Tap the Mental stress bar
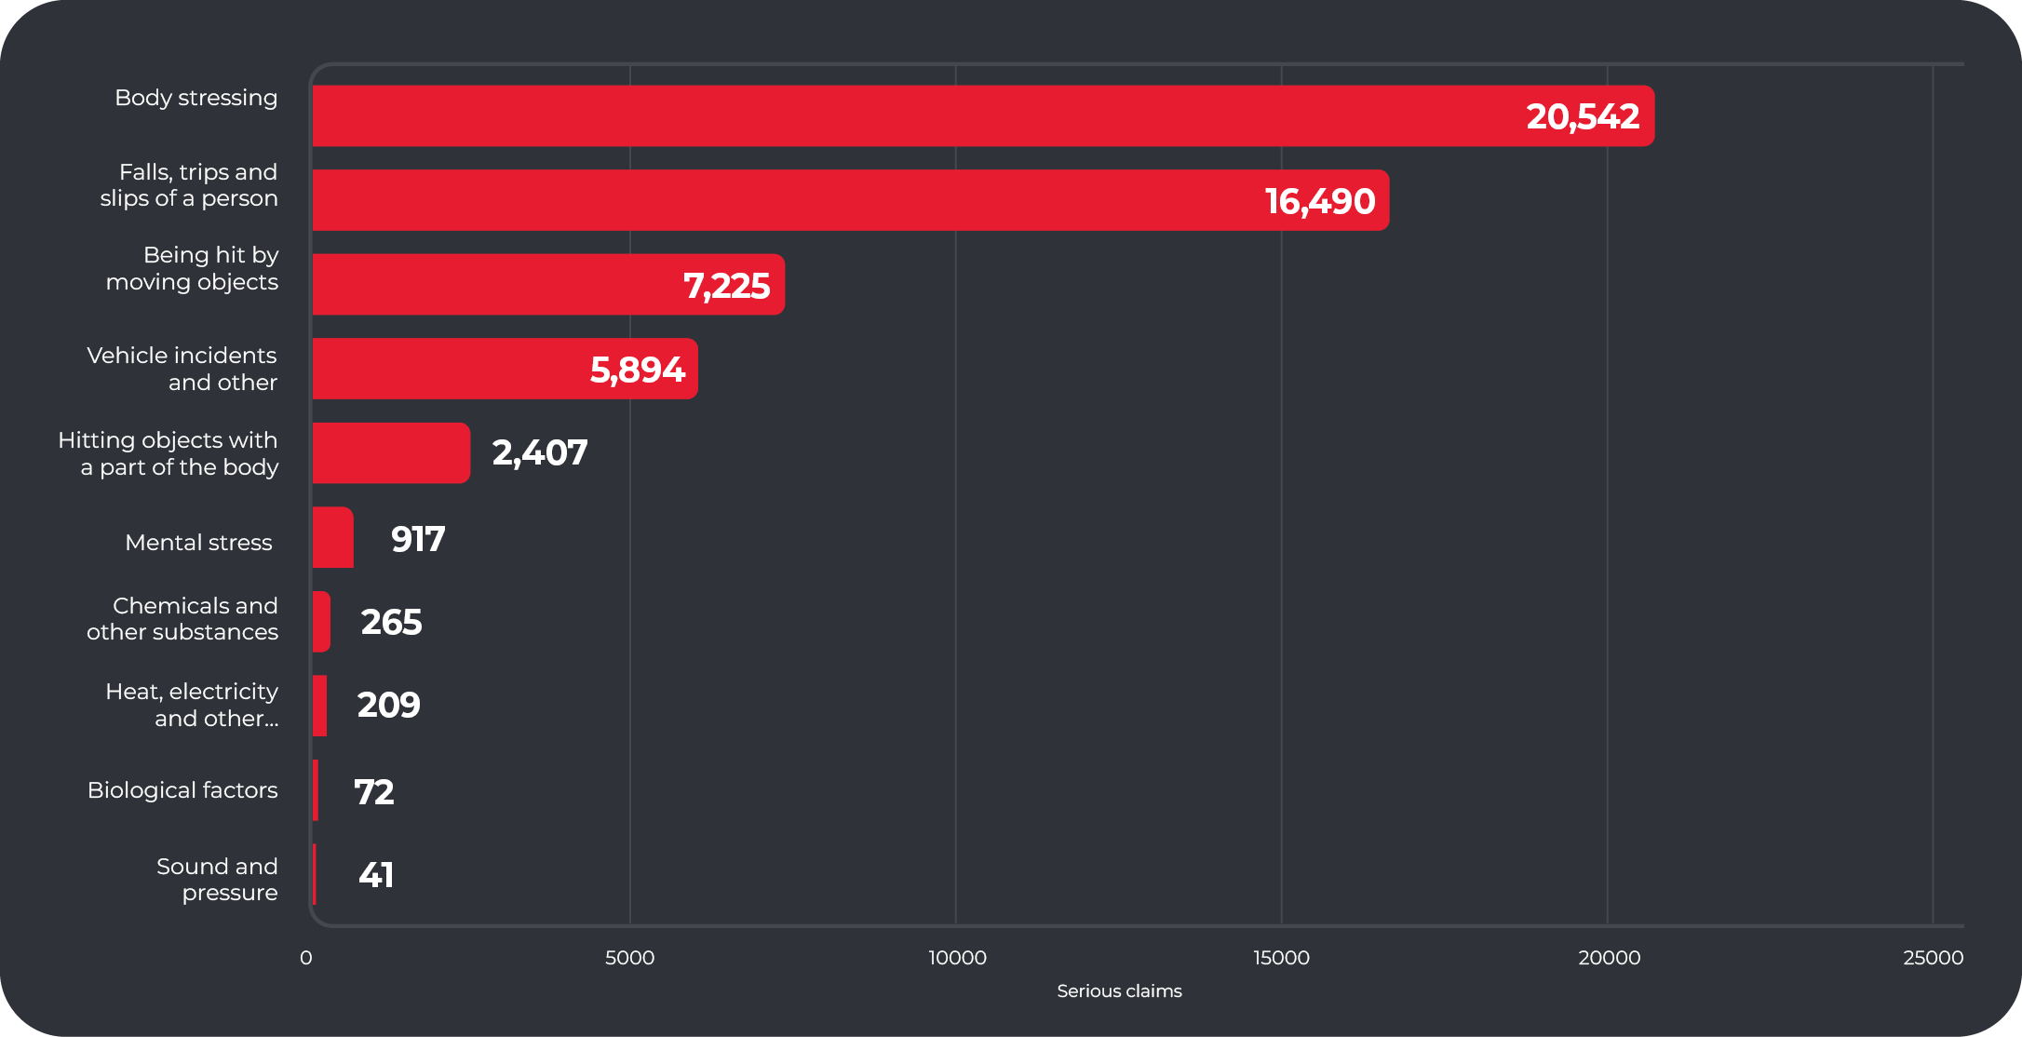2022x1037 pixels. click(x=332, y=537)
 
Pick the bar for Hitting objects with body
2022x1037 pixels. click(x=391, y=453)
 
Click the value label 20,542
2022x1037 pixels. click(x=1583, y=116)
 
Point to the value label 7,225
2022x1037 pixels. click(x=726, y=286)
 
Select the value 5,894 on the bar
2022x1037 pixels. click(x=638, y=370)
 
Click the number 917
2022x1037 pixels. click(x=418, y=539)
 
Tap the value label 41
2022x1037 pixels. click(x=376, y=875)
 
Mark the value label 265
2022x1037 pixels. click(x=391, y=622)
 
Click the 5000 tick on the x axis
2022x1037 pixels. click(x=630, y=958)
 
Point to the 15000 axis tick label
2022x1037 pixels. click(x=1281, y=958)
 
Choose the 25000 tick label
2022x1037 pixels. click(x=1933, y=958)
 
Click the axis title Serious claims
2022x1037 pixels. click(x=1119, y=991)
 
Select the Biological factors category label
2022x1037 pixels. click(x=182, y=790)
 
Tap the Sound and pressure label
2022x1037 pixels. click(x=217, y=880)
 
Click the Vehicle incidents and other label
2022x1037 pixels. click(x=182, y=369)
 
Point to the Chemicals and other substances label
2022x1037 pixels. click(x=183, y=619)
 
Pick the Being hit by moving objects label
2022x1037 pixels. click(x=193, y=268)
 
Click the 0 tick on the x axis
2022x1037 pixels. click(x=305, y=958)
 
